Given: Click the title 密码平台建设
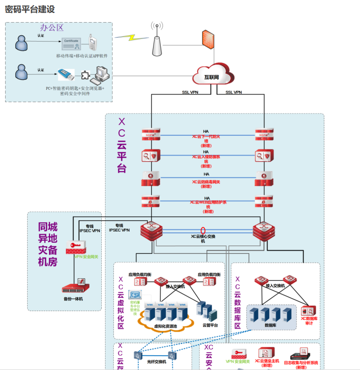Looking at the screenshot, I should (30, 10).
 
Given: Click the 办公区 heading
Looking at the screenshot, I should (51, 28).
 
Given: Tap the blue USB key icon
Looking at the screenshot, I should (67, 74).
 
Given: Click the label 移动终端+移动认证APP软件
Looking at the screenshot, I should (81, 56).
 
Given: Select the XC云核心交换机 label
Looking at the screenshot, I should (203, 238).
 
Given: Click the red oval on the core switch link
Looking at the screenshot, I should (203, 230).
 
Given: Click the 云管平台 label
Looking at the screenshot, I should (210, 325).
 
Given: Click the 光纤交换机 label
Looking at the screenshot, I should (156, 362).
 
